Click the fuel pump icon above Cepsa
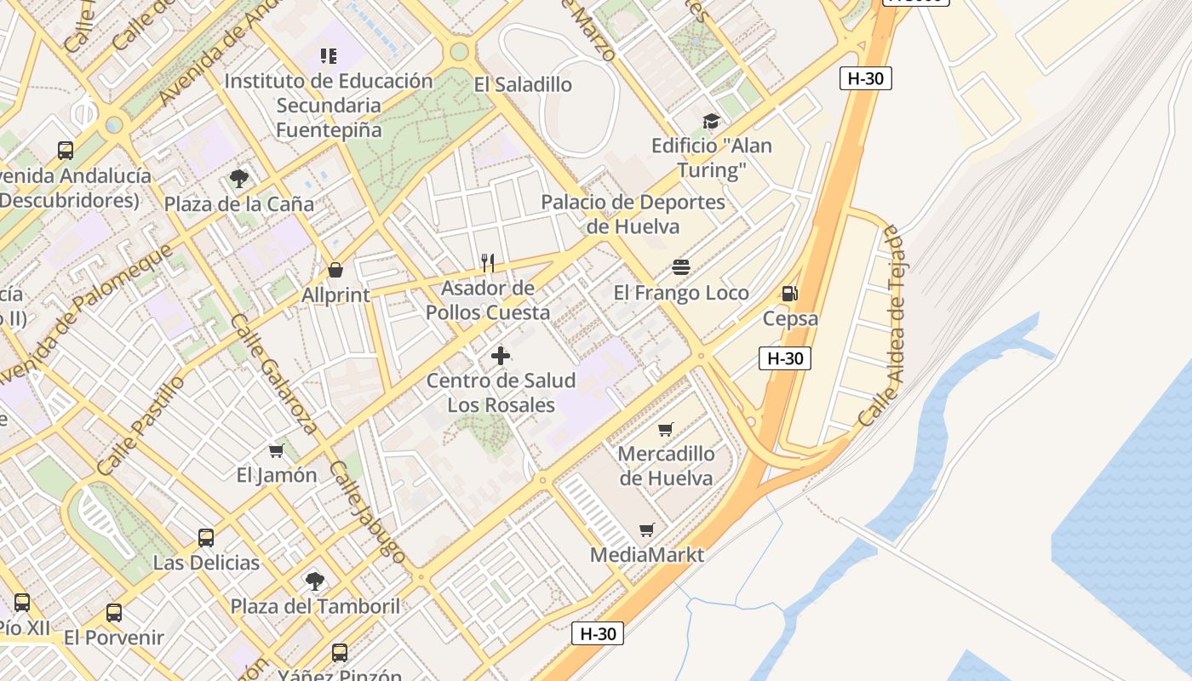(789, 294)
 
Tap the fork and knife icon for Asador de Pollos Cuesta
(488, 262)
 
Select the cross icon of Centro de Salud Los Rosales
(501, 355)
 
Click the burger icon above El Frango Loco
(681, 267)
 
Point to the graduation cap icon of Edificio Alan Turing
(711, 121)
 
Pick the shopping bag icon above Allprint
(336, 270)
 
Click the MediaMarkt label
(647, 555)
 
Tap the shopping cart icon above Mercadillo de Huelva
(666, 429)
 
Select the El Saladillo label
(523, 84)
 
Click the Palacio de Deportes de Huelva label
(633, 215)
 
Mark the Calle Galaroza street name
(274, 375)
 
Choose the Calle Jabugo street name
(368, 512)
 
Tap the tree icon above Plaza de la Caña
(239, 178)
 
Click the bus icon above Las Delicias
(206, 537)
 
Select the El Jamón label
(277, 475)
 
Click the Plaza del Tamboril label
(315, 607)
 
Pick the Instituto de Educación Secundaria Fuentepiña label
(329, 106)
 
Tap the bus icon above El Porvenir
(114, 612)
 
